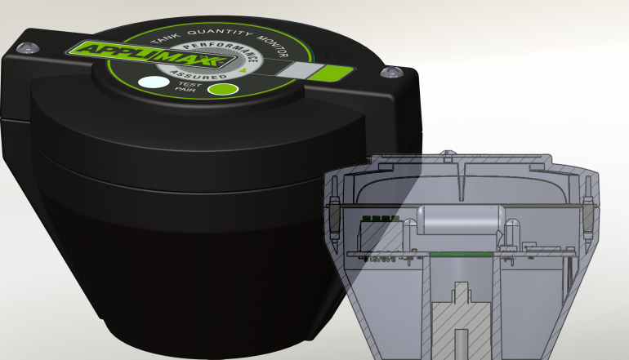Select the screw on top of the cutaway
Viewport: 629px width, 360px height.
(x=447, y=153)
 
